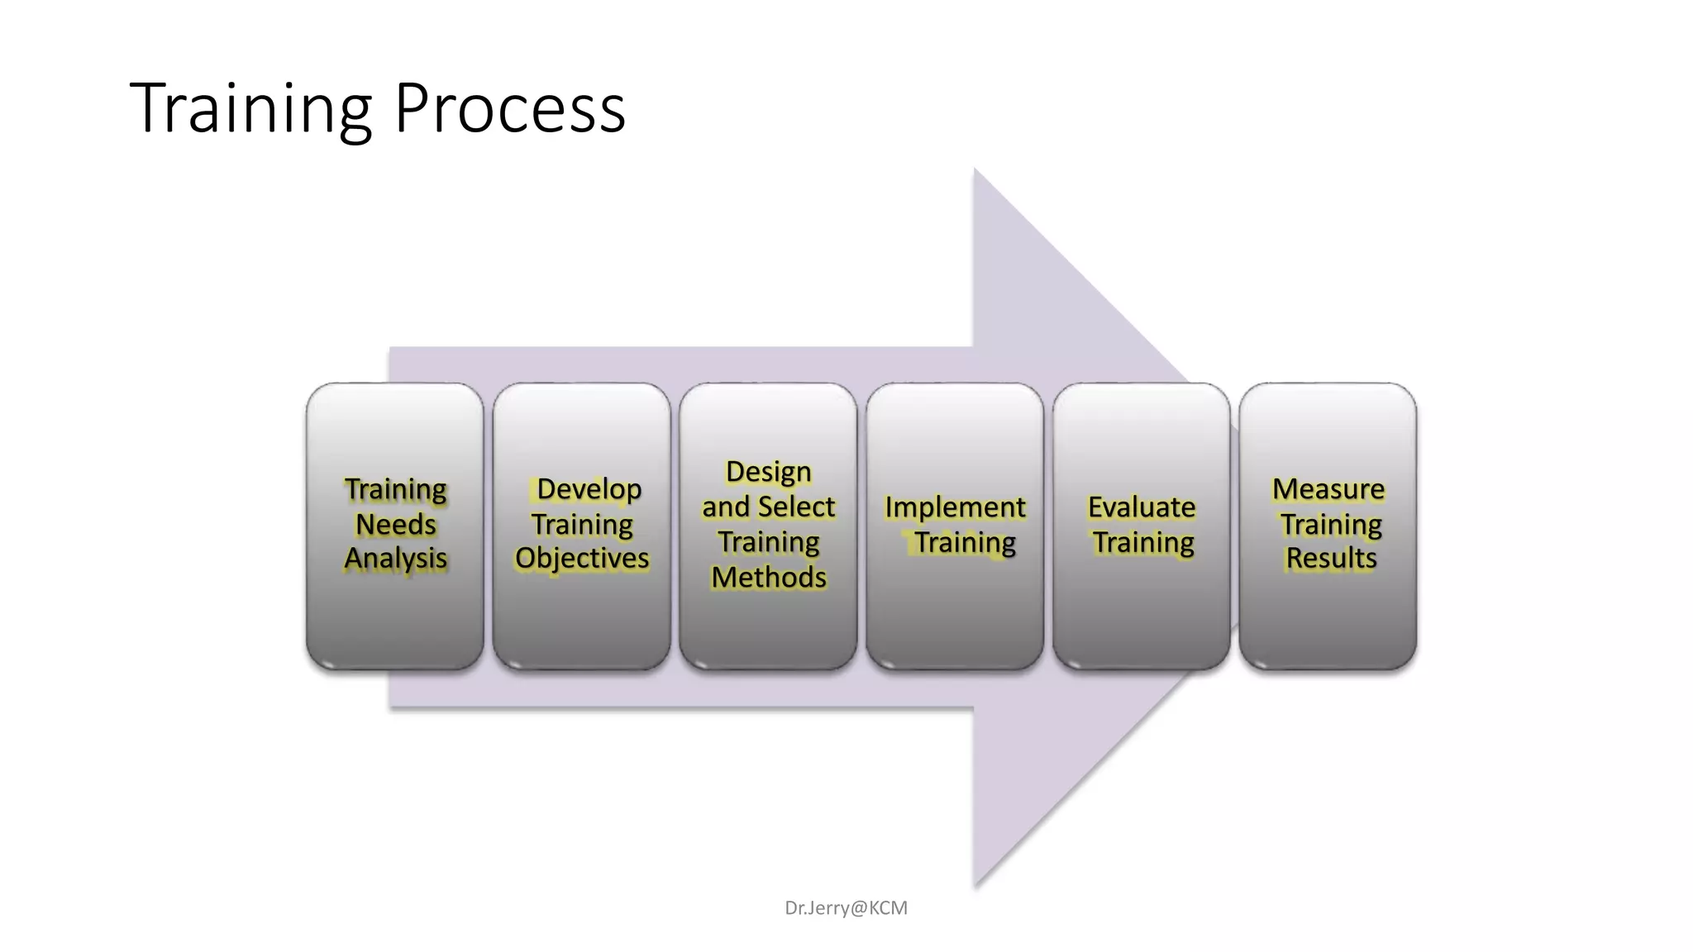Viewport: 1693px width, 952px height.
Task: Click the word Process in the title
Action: point(510,108)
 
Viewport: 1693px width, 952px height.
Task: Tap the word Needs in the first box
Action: point(395,524)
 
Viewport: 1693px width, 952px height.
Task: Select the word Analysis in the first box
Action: point(395,559)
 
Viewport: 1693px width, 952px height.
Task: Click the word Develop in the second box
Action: point(589,488)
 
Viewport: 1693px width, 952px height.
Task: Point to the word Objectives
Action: point(582,559)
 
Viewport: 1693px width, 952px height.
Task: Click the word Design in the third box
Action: point(768,471)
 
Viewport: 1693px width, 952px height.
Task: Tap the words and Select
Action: point(768,507)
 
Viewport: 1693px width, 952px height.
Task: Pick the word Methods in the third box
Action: point(768,577)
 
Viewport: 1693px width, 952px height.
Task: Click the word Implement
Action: point(955,507)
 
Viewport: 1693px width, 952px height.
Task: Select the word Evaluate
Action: point(1142,507)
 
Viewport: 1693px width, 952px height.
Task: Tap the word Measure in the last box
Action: point(1328,488)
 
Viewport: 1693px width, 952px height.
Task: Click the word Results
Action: point(1331,559)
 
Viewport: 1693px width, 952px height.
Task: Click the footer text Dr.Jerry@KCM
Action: point(846,907)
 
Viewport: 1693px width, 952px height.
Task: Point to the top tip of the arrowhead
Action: point(975,171)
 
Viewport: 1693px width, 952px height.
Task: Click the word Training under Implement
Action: point(965,542)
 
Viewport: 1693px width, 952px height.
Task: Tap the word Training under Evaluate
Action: point(1143,542)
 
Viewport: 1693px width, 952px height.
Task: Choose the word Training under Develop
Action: point(582,524)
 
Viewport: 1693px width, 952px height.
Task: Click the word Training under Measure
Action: point(1331,524)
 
